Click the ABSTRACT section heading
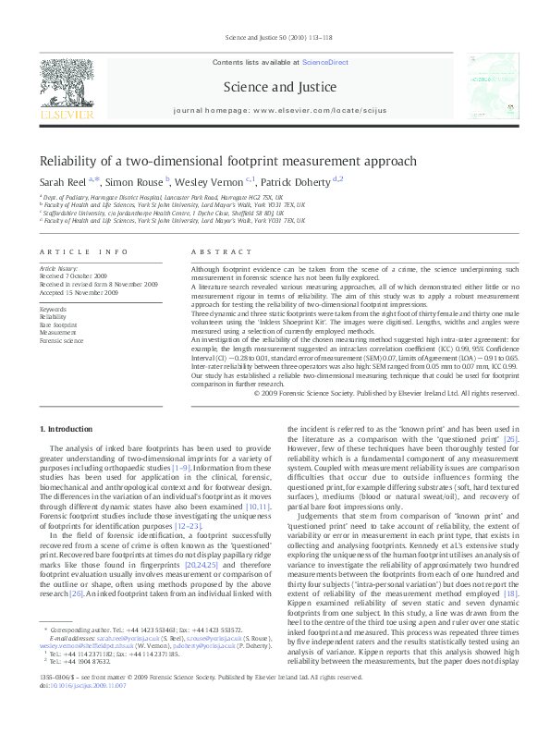(215, 252)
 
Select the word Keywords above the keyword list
(54, 309)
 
